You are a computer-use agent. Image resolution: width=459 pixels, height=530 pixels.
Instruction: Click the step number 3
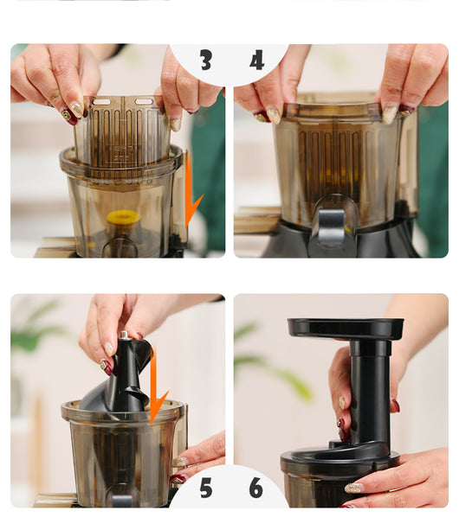(x=205, y=60)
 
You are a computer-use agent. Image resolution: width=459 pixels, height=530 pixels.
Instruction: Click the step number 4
(x=256, y=60)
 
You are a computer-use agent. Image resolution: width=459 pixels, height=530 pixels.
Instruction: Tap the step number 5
(x=206, y=488)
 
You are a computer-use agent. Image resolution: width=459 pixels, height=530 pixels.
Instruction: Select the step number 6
(x=255, y=488)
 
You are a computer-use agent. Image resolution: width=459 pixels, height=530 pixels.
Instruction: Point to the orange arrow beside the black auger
(x=155, y=386)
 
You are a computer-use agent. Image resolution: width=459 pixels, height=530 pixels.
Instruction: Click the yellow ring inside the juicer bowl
(x=122, y=217)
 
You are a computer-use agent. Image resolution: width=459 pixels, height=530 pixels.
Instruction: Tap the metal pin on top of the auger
(x=125, y=335)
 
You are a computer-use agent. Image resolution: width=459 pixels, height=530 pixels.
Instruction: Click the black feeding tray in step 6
(x=346, y=328)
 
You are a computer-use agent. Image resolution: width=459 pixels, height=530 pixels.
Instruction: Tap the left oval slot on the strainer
(x=101, y=102)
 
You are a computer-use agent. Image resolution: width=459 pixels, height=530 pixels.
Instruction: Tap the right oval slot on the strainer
(x=144, y=101)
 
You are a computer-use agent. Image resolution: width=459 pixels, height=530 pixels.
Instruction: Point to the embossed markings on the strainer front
(x=121, y=153)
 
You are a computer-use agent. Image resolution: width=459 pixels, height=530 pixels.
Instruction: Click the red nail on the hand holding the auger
(x=107, y=367)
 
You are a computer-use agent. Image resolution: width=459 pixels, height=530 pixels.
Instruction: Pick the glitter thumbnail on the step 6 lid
(x=353, y=488)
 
